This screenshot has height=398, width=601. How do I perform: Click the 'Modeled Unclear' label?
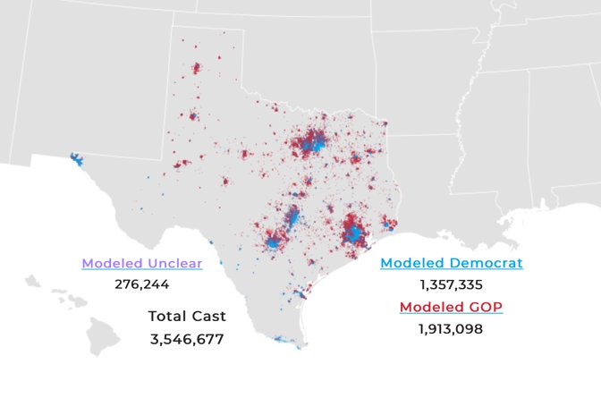(x=141, y=263)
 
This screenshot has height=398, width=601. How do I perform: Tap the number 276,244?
(x=141, y=284)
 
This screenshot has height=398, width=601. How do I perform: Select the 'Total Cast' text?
(x=187, y=316)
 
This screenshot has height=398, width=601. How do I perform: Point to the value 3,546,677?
(x=187, y=339)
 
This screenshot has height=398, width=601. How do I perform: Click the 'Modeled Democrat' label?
(x=451, y=263)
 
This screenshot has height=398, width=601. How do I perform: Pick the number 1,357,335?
(x=451, y=284)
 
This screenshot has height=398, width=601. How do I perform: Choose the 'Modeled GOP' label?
(x=451, y=307)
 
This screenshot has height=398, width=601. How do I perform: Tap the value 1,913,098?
(x=451, y=329)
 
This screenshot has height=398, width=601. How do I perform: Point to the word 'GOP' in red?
(x=484, y=307)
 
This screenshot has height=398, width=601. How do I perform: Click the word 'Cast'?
(x=208, y=316)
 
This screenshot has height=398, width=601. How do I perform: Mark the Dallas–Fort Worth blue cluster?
(x=314, y=142)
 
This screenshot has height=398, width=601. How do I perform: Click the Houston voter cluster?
(x=354, y=234)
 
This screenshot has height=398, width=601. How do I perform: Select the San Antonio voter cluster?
(x=274, y=240)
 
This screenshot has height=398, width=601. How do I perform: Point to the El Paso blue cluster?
(x=75, y=161)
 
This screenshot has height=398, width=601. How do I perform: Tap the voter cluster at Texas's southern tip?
(x=284, y=340)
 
